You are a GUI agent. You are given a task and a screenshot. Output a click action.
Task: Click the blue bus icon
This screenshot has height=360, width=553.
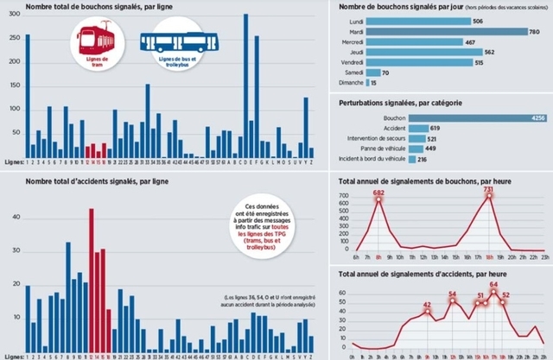[180, 41]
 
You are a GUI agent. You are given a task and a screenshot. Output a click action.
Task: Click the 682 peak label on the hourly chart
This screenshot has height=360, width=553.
[378, 192]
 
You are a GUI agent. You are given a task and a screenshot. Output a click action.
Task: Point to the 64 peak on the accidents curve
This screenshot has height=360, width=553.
[493, 284]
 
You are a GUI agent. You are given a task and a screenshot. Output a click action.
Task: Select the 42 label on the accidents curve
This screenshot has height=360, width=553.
[427, 305]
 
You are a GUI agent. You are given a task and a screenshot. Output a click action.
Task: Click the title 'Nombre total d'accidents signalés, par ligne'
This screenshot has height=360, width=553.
[98, 181]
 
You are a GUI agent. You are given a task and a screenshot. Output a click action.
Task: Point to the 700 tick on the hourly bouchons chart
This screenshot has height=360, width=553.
[343, 196]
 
